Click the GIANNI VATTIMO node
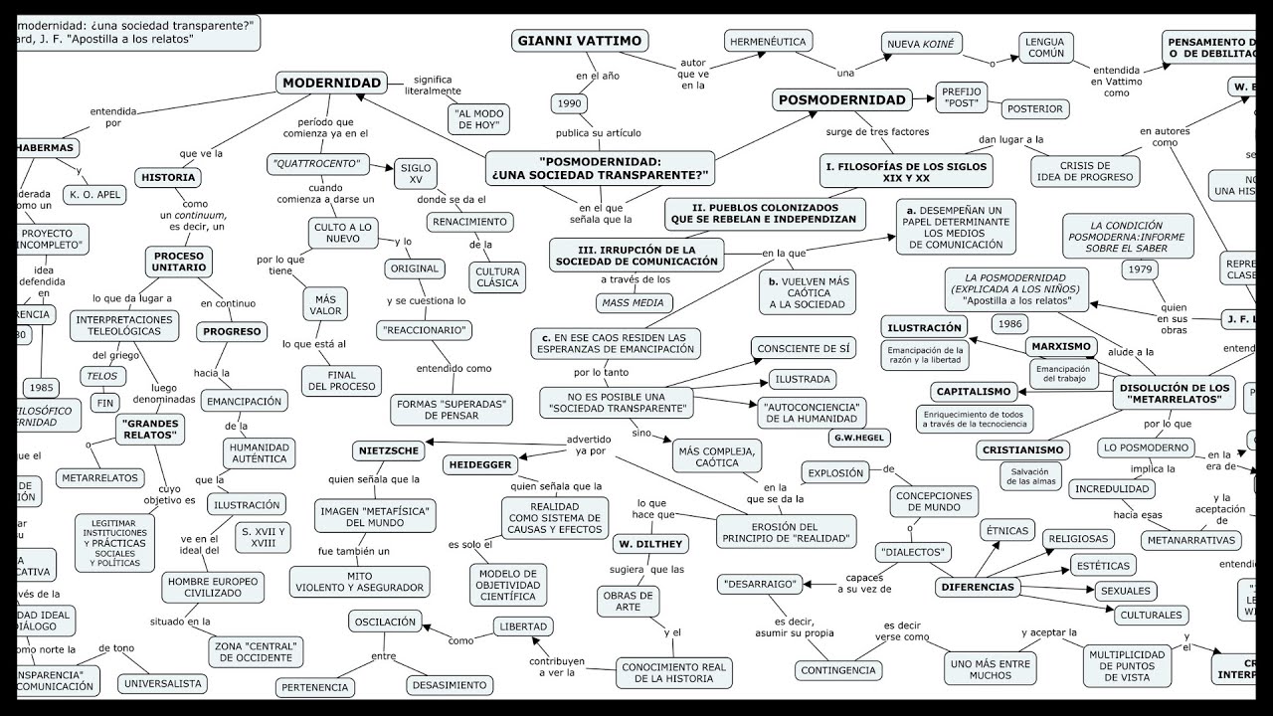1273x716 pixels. pyautogui.click(x=581, y=41)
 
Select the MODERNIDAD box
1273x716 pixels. pyautogui.click(x=331, y=84)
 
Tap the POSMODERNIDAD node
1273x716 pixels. pyautogui.click(x=841, y=99)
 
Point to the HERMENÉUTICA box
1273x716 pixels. pyautogui.click(x=768, y=42)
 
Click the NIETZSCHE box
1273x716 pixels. pyautogui.click(x=389, y=451)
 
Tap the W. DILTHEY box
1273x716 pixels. pyautogui.click(x=650, y=544)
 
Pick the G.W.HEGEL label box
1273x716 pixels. pyautogui.click(x=859, y=438)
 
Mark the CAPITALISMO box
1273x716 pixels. pyautogui.click(x=974, y=392)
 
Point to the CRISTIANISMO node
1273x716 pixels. pyautogui.click(x=1023, y=450)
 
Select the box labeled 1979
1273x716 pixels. pyautogui.click(x=1142, y=268)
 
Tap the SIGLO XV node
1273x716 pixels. pyautogui.click(x=416, y=174)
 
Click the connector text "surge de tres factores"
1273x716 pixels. pyautogui.click(x=877, y=132)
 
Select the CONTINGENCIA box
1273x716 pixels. pyautogui.click(x=839, y=670)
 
